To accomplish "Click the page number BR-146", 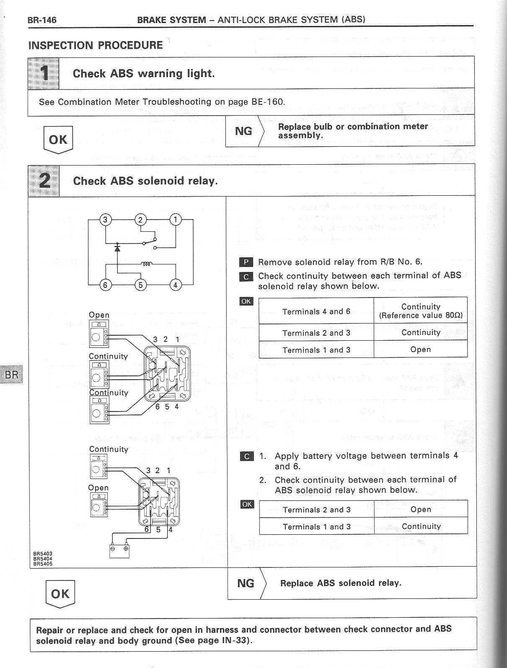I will click(42, 20).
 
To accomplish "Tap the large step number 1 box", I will click(44, 73).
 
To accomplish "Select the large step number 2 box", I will click(44, 181).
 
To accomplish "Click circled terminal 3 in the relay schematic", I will click(105, 220).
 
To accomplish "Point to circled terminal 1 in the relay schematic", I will click(175, 220).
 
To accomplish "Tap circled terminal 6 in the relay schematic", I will click(105, 285).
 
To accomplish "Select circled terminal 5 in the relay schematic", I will click(140, 285).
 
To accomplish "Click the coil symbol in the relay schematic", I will click(146, 264).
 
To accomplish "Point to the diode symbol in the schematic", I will click(117, 248).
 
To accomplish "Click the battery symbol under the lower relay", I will click(119, 551).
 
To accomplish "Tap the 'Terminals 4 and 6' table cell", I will click(316, 311).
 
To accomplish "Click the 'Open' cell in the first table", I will click(420, 350).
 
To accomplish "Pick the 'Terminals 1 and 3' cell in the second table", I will click(316, 527).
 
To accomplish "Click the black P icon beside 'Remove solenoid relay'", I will click(246, 263).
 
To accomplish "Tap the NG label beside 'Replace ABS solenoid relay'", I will click(246, 583).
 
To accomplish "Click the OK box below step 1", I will click(58, 139).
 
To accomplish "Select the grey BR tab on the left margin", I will click(11, 374).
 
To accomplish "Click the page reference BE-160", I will click(268, 102).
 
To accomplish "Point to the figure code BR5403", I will click(43, 554).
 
